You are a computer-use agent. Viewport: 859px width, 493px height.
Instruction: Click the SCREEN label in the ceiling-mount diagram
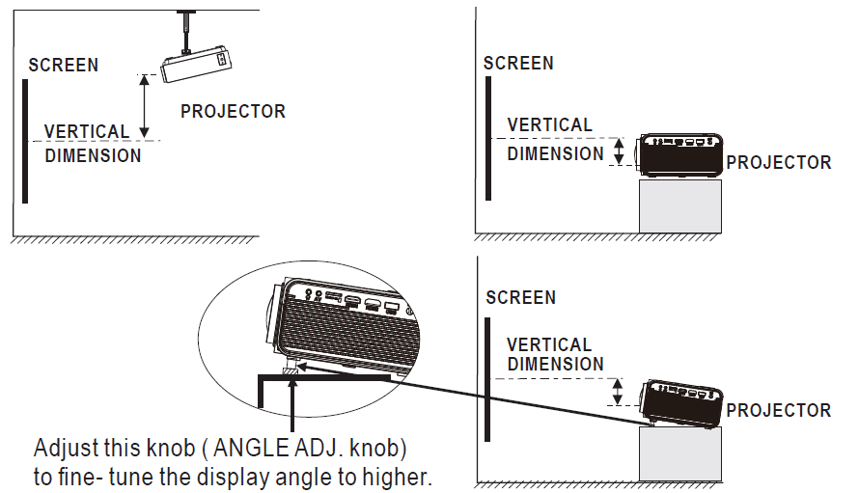[x=64, y=66]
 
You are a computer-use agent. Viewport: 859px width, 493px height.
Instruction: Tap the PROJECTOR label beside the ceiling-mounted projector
[x=233, y=111]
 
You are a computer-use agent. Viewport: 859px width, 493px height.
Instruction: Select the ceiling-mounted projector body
[x=196, y=66]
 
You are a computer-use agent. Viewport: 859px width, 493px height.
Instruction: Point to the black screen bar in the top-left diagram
[x=25, y=141]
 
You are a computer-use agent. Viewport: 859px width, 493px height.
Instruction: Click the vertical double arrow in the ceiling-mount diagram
[x=145, y=106]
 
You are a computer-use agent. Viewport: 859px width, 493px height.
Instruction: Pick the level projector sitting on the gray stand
[x=679, y=154]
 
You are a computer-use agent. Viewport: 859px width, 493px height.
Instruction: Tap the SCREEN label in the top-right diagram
[x=518, y=64]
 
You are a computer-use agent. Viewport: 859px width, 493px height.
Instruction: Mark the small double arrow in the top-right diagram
[x=621, y=151]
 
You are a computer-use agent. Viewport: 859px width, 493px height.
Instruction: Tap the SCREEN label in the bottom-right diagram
[x=520, y=297]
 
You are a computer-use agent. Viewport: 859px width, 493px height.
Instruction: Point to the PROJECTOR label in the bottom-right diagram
[x=778, y=410]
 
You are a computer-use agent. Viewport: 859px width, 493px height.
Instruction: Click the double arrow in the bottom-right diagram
[x=619, y=391]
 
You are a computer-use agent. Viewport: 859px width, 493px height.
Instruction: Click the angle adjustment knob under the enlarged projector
[x=291, y=370]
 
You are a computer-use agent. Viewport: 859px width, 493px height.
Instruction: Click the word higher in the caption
[x=396, y=477]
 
